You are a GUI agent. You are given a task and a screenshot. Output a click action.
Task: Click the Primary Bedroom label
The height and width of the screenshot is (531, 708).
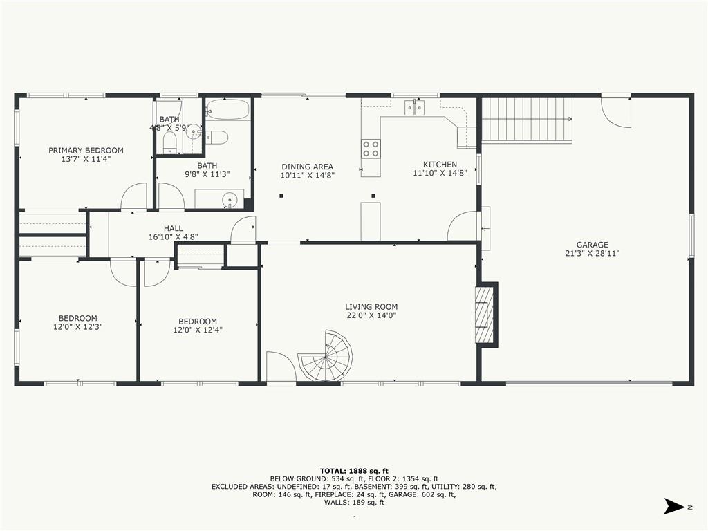86,150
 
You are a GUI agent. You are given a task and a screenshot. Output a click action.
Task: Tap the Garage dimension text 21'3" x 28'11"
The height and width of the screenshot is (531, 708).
592,254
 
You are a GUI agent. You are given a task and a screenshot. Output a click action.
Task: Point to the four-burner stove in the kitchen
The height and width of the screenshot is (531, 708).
371,149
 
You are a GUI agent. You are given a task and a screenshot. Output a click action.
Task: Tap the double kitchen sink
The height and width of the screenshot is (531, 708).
415,107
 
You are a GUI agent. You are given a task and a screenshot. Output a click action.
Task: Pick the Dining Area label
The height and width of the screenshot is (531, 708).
308,167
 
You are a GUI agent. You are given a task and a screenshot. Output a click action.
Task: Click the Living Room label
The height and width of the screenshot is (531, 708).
371,307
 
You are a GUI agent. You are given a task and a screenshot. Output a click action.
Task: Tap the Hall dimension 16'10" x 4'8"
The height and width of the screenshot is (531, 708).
174,236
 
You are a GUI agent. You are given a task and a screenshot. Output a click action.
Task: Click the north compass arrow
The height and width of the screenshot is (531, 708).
674,506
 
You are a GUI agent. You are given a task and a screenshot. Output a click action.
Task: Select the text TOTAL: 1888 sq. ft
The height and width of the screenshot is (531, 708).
354,471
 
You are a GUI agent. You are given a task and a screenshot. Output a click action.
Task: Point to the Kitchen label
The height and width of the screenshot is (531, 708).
440,165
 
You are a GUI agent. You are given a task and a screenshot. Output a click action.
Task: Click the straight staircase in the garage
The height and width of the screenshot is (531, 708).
527,120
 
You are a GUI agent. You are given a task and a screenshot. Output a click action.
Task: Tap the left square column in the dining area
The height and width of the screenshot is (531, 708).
281,196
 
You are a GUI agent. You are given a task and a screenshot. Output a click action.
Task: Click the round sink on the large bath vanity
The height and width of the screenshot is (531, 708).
230,198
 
